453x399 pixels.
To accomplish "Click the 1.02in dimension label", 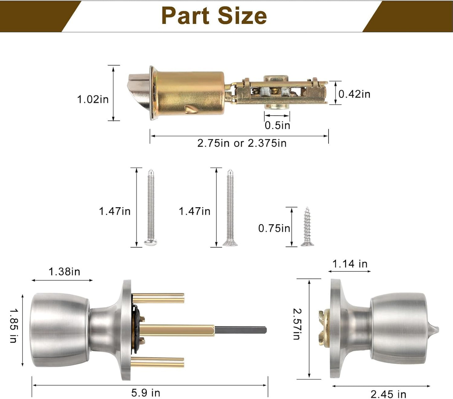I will click(93, 99).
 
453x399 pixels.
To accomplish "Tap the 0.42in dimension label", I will click(354, 94).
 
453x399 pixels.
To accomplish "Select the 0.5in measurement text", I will click(277, 125).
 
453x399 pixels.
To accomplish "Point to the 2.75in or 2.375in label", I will click(242, 143).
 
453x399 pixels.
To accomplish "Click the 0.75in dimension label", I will click(274, 228).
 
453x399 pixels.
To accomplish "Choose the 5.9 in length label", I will click(145, 392).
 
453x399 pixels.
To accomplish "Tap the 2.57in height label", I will click(296, 324).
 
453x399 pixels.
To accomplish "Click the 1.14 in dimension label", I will click(350, 264).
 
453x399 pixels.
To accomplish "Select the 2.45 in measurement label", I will click(388, 394).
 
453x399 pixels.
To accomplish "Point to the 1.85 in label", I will click(13, 326).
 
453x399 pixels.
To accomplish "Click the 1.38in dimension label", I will click(64, 271).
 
